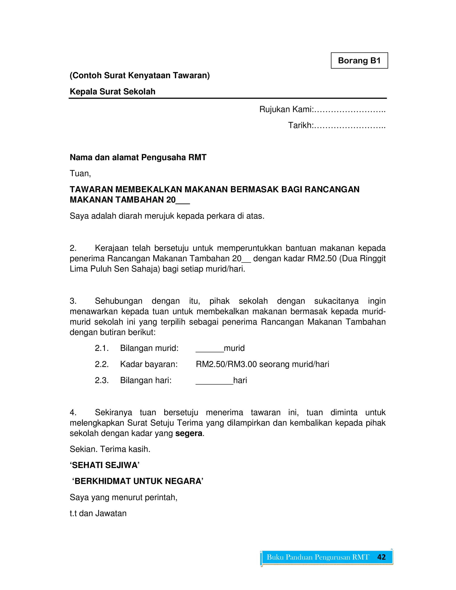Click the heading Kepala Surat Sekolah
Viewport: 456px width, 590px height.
click(112, 92)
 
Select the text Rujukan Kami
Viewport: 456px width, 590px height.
click(286, 109)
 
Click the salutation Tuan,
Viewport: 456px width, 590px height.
click(80, 173)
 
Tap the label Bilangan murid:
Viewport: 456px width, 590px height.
click(149, 348)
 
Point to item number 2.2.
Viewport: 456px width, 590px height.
click(102, 364)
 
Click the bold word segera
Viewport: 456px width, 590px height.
click(189, 433)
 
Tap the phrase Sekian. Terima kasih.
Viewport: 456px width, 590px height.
click(110, 449)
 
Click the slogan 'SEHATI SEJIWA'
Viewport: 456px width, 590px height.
click(105, 465)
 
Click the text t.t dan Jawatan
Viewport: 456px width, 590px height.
click(98, 513)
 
